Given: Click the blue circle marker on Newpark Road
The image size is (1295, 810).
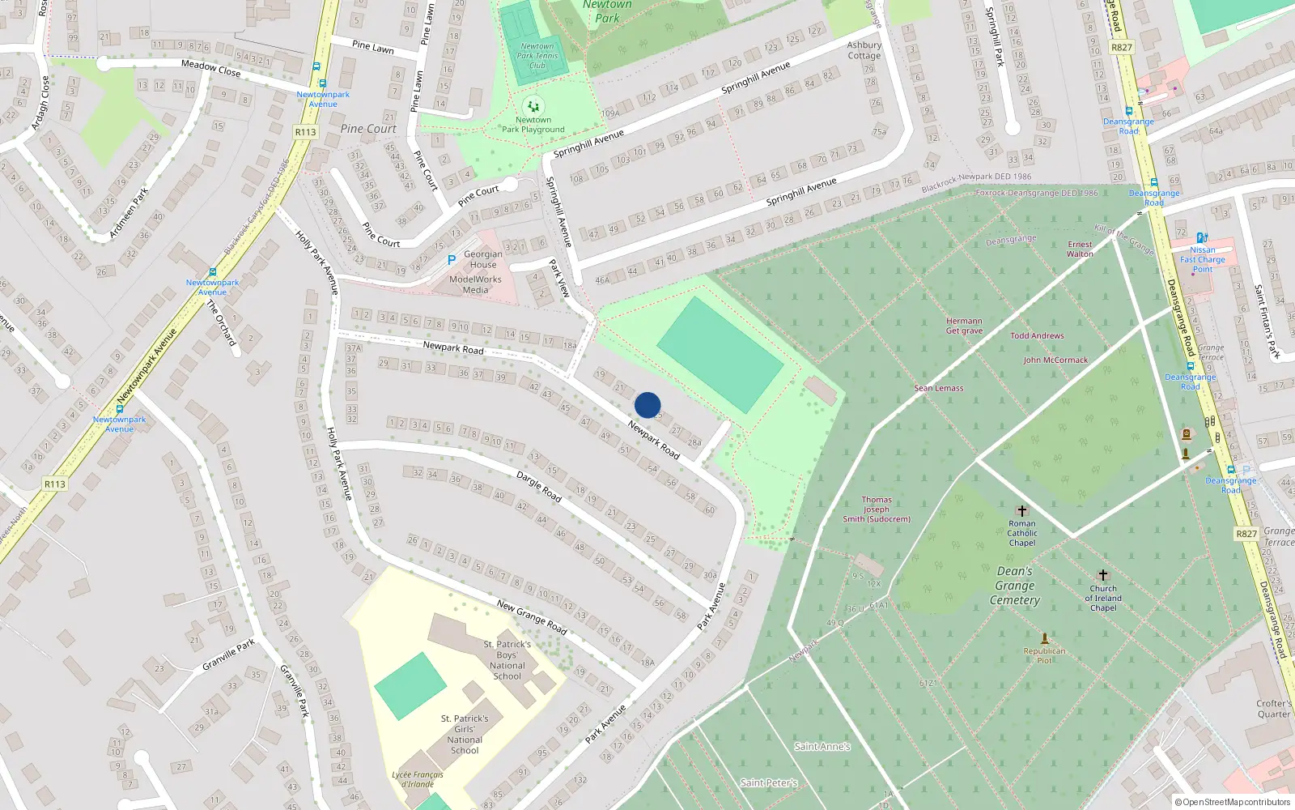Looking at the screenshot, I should point(647,405).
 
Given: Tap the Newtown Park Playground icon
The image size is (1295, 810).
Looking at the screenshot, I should point(533,106).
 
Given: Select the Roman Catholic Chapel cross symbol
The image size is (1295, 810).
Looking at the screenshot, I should point(1021,511).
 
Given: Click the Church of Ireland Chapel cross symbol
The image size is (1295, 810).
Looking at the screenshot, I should point(1102,575).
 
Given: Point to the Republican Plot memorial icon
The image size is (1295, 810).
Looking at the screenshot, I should point(1044,638).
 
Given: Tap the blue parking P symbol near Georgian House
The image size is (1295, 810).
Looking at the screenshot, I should point(452,261).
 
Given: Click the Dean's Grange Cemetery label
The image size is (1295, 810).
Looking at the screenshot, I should point(1015,586).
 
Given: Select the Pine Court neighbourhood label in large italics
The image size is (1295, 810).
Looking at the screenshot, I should point(368,129).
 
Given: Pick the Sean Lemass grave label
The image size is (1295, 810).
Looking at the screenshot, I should point(939,388).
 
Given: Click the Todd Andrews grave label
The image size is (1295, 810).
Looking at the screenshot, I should point(1037,335).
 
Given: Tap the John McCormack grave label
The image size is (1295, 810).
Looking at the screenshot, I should point(1055,360).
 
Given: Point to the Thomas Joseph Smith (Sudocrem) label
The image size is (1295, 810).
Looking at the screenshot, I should point(877,509).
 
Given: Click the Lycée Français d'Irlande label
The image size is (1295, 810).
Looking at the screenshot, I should point(418,779).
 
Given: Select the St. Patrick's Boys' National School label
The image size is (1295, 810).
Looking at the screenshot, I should point(507,660).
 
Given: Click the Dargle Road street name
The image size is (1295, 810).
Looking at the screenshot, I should point(539,486).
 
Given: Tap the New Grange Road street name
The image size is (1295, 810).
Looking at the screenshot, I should point(532,616).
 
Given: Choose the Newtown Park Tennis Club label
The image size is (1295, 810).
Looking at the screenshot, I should point(537,56).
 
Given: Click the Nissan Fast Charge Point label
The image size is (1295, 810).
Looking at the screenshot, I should point(1203,259).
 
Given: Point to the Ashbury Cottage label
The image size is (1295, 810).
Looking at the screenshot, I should point(864,50).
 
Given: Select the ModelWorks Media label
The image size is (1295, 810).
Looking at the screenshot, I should point(475,284).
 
